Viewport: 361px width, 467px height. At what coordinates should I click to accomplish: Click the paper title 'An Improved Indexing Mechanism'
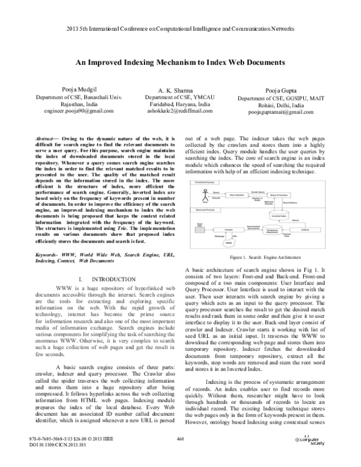[180, 62]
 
